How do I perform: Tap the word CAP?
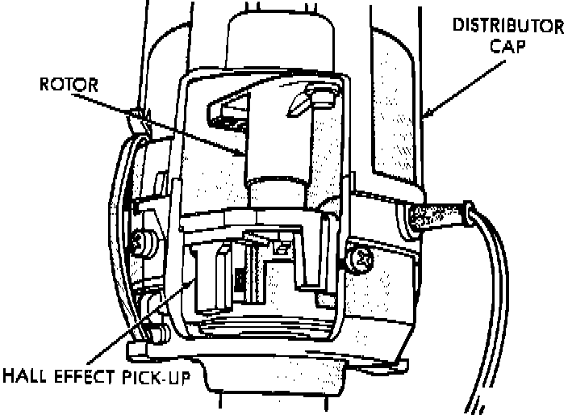tap(509, 46)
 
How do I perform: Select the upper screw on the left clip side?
tap(143, 240)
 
